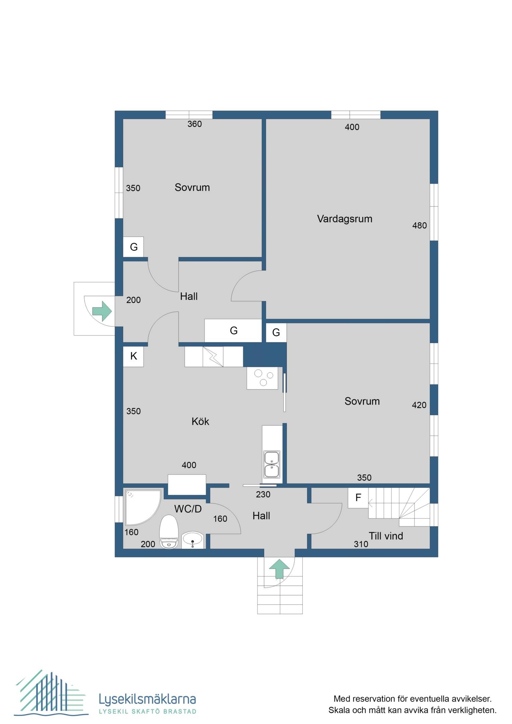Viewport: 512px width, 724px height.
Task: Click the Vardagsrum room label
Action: tap(344, 219)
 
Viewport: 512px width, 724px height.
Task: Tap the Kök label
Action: tap(200, 421)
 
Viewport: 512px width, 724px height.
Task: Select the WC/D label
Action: tap(188, 509)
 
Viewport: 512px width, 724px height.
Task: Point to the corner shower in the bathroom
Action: tap(143, 507)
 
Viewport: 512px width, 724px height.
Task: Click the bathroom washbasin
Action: tap(192, 540)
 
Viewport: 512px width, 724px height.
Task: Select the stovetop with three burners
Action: tap(262, 378)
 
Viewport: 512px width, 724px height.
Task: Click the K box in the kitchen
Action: tap(133, 356)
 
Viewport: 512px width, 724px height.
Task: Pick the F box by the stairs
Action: tap(358, 498)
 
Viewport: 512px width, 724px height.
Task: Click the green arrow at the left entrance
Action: tap(102, 310)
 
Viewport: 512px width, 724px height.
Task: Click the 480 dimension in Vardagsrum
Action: tap(419, 226)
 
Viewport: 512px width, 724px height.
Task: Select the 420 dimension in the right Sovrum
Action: tap(419, 405)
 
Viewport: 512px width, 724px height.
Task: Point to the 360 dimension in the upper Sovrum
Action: tap(194, 124)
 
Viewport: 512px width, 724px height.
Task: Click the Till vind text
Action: tap(386, 536)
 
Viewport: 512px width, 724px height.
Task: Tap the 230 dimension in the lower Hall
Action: tap(263, 494)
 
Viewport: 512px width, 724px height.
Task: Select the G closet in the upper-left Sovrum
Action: tap(133, 247)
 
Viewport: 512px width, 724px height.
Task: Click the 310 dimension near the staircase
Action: tap(361, 544)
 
